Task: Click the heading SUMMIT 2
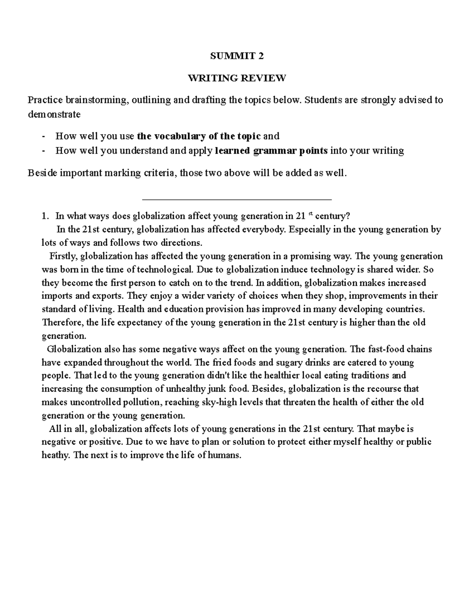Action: (x=237, y=56)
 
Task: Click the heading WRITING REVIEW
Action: (x=237, y=78)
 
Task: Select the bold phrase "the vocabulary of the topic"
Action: (x=199, y=137)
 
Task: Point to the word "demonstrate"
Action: (x=54, y=114)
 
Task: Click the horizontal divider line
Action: (x=237, y=200)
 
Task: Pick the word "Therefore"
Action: (x=62, y=322)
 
